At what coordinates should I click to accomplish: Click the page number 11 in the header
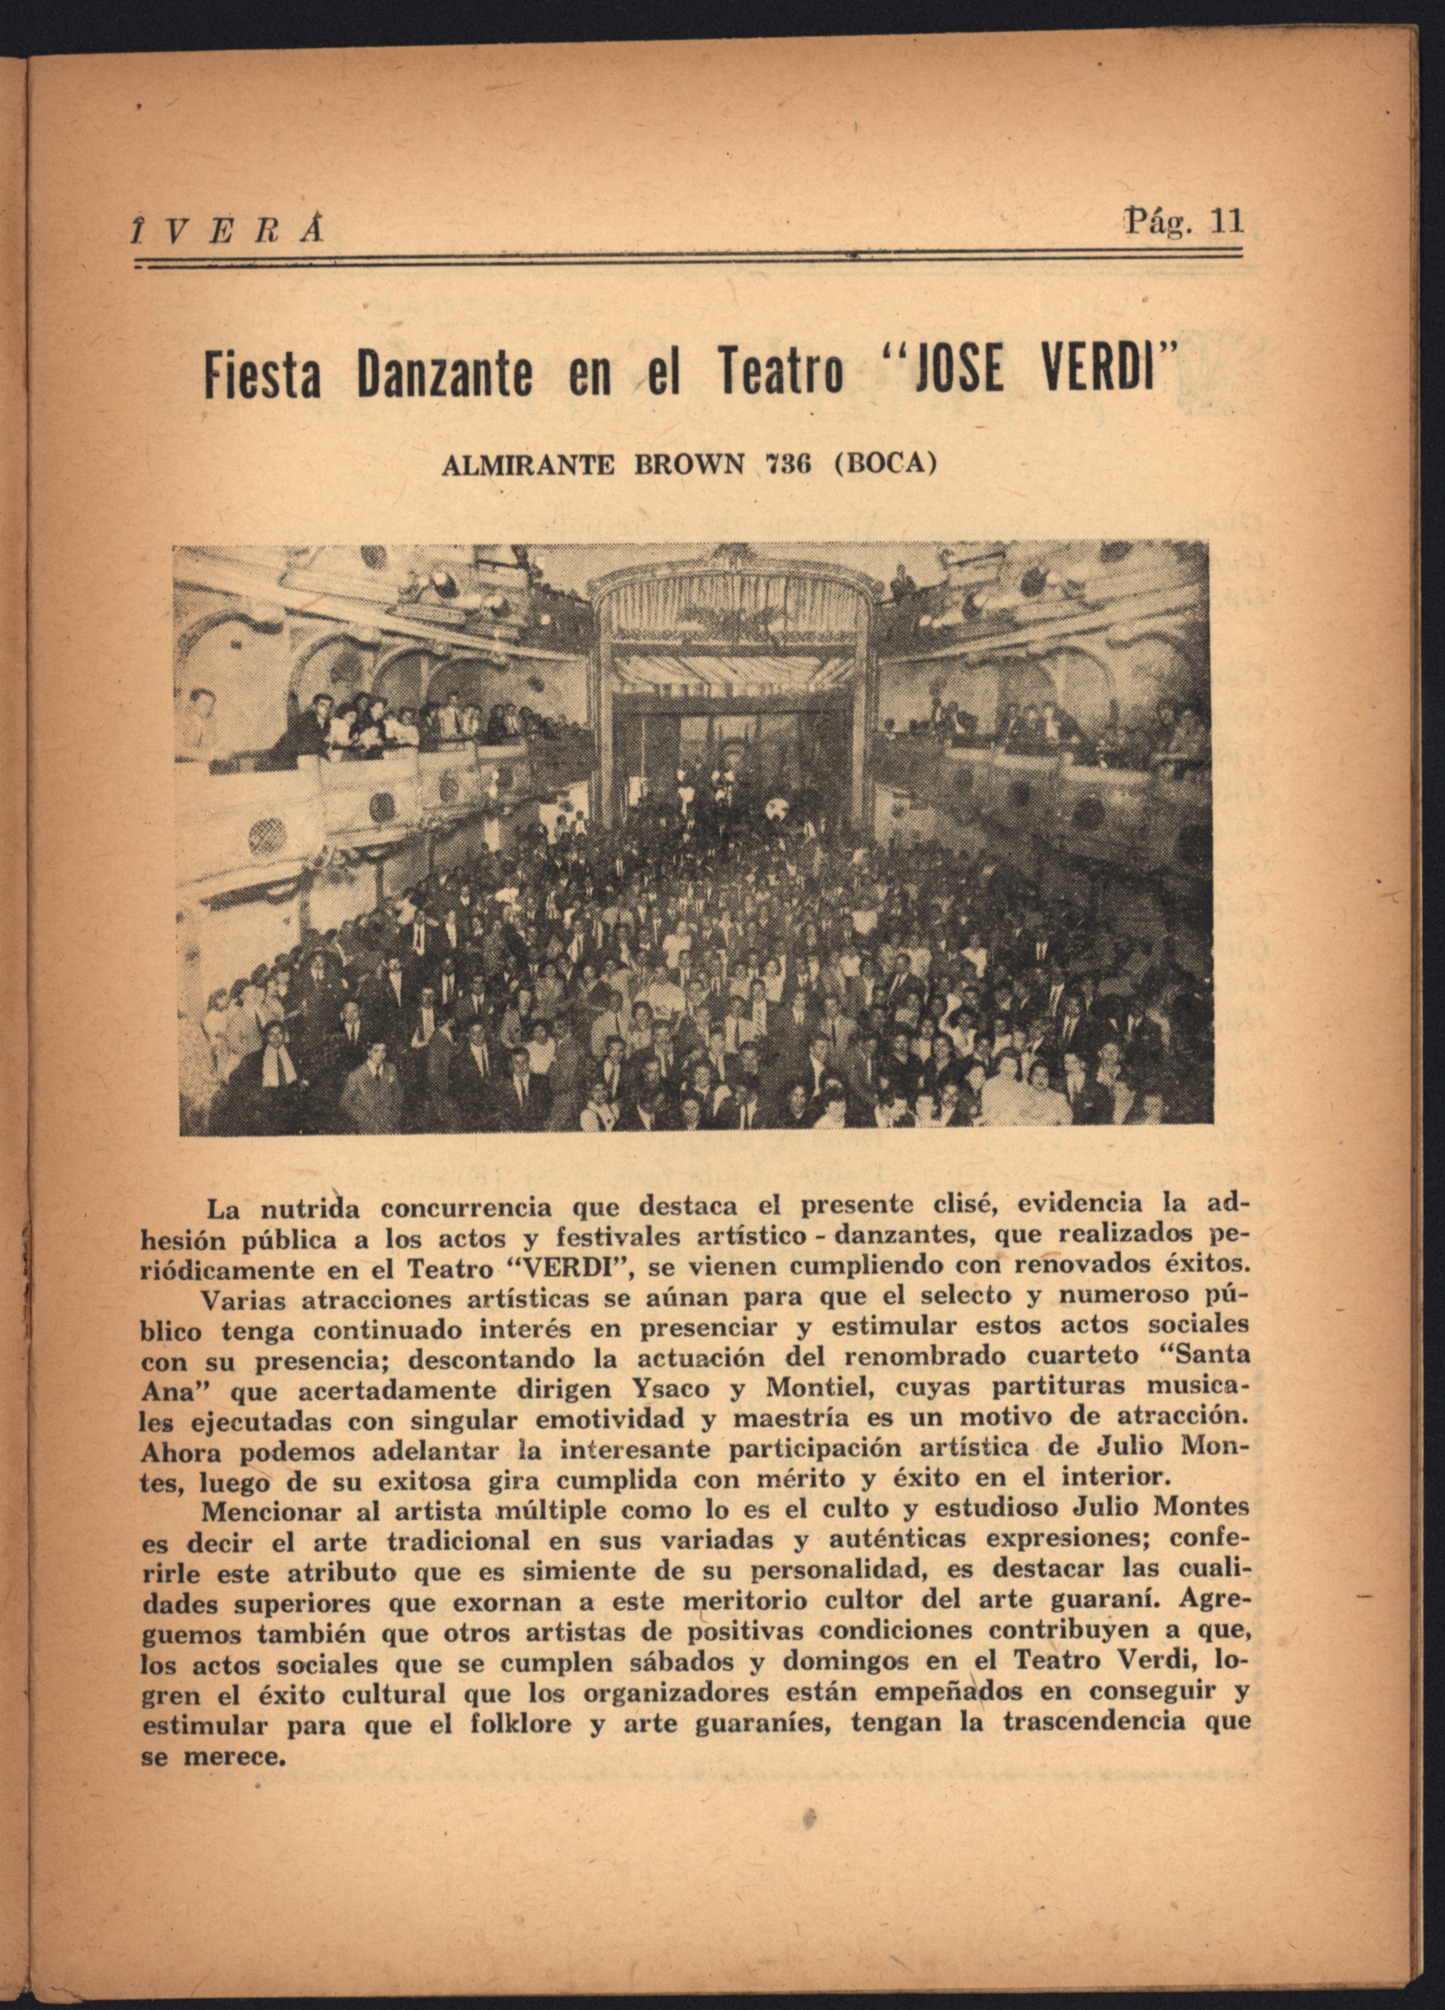[x=1227, y=220]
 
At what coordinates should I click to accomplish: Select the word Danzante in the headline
[x=445, y=374]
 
